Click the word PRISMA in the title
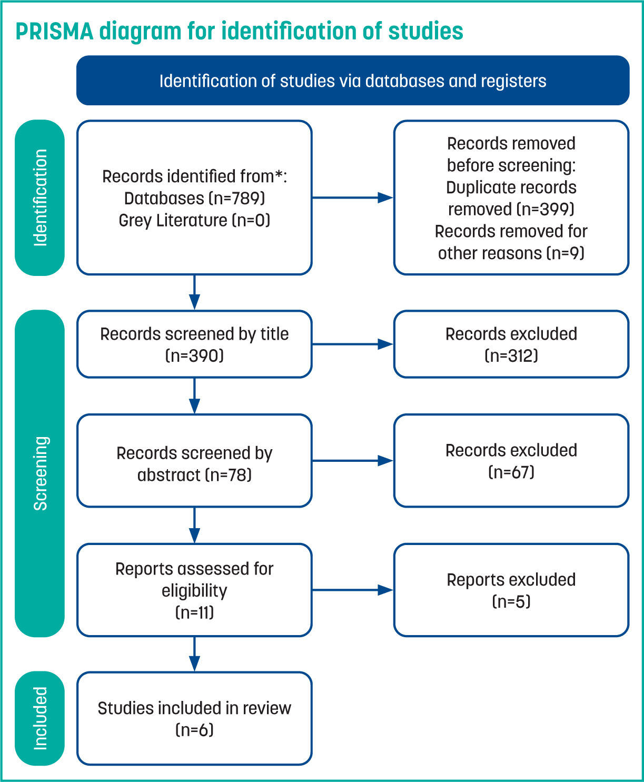pyautogui.click(x=54, y=31)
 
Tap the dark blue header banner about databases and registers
pyautogui.click(x=352, y=81)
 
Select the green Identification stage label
pyautogui.click(x=39, y=198)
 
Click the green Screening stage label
pyautogui.click(x=39, y=473)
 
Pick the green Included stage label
pyautogui.click(x=39, y=718)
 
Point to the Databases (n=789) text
pyautogui.click(x=194, y=199)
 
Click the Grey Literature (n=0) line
pyautogui.click(x=194, y=221)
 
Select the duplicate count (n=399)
pyautogui.click(x=545, y=210)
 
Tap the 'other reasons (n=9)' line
pyautogui.click(x=511, y=253)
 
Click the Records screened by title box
pyautogui.click(x=194, y=344)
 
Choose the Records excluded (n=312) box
pyautogui.click(x=511, y=344)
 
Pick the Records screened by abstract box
pyautogui.click(x=194, y=461)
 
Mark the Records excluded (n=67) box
pyautogui.click(x=511, y=461)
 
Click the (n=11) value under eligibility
pyautogui.click(x=194, y=613)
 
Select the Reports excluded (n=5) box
pyautogui.click(x=511, y=590)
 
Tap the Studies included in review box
pyautogui.click(x=194, y=718)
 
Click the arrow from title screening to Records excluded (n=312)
pyautogui.click(x=352, y=344)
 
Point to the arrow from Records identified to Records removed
pyautogui.click(x=352, y=198)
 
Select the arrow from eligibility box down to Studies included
pyautogui.click(x=194, y=654)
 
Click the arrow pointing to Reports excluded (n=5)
pyautogui.click(x=352, y=590)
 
